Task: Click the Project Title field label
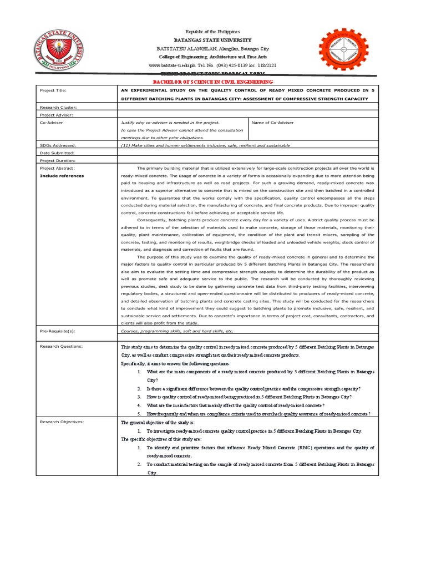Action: pos(53,90)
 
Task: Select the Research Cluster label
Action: pos(58,106)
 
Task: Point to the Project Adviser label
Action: pos(57,114)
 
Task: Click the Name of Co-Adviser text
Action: pos(272,122)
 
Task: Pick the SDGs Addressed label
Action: pos(58,145)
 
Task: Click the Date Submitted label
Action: pos(57,153)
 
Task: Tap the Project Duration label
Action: pos(58,160)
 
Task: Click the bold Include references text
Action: pos(62,176)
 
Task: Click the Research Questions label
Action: pos(61,346)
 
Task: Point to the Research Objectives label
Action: pos(62,422)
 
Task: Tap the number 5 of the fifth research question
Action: pos(139,414)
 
